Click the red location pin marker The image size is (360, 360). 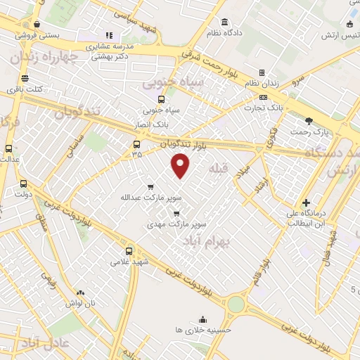[181, 165]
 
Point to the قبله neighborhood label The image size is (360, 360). [218, 168]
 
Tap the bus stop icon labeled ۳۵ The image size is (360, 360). [136, 144]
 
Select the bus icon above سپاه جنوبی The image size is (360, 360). [162, 100]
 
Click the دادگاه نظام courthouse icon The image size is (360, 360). [224, 22]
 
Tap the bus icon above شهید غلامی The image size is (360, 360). [128, 250]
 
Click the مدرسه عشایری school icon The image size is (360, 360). [109, 34]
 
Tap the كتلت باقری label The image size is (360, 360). [25, 89]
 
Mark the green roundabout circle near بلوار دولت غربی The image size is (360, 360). [235, 304]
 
